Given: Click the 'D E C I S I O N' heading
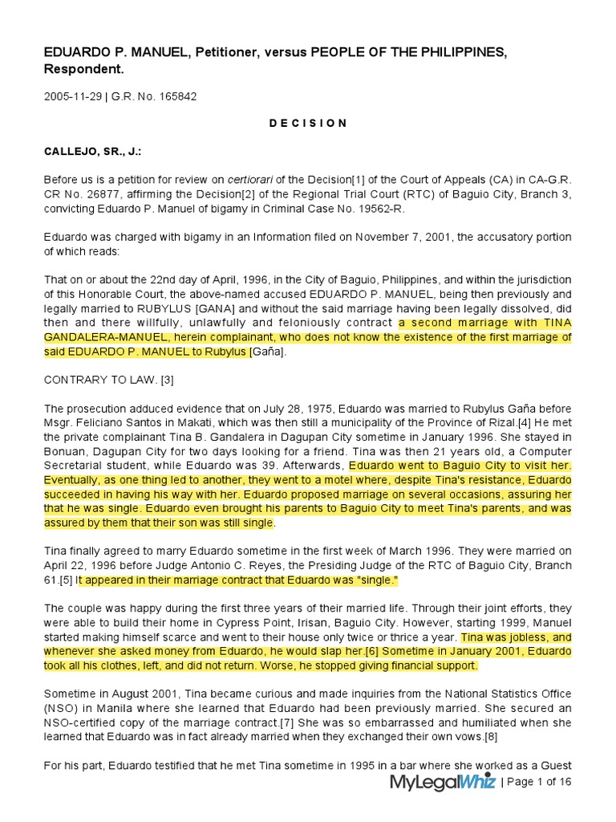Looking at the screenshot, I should pyautogui.click(x=308, y=123).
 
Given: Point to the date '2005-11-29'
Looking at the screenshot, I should pyautogui.click(x=72, y=97).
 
